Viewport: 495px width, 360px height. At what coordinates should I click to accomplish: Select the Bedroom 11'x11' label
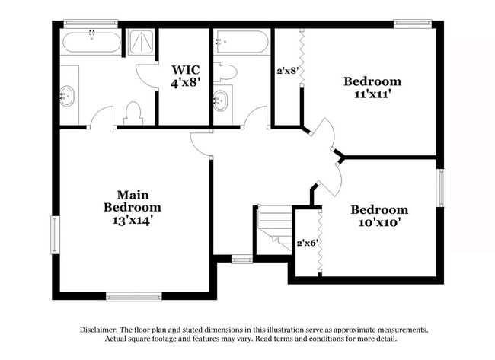click(x=372, y=88)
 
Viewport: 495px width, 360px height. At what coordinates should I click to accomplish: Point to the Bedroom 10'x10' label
click(x=378, y=216)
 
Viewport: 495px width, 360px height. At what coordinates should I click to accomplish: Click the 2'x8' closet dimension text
click(x=286, y=71)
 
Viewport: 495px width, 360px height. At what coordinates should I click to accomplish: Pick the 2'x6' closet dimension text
click(x=305, y=244)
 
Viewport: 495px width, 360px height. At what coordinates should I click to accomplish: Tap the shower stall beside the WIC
click(x=140, y=42)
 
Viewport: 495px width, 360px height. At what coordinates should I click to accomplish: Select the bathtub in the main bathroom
click(x=91, y=42)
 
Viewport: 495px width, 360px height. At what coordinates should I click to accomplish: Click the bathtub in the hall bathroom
click(x=241, y=42)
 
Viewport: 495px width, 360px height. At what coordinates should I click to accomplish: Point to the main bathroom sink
click(x=68, y=96)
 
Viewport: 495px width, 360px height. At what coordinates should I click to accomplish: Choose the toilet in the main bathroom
click(x=133, y=113)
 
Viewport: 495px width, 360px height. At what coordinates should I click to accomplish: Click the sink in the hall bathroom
click(x=220, y=100)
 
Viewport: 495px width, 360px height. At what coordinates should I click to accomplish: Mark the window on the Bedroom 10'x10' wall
click(x=440, y=187)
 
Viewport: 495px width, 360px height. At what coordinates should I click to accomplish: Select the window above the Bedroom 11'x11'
click(x=413, y=24)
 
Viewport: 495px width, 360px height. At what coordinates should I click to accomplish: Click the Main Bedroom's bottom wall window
click(x=133, y=296)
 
